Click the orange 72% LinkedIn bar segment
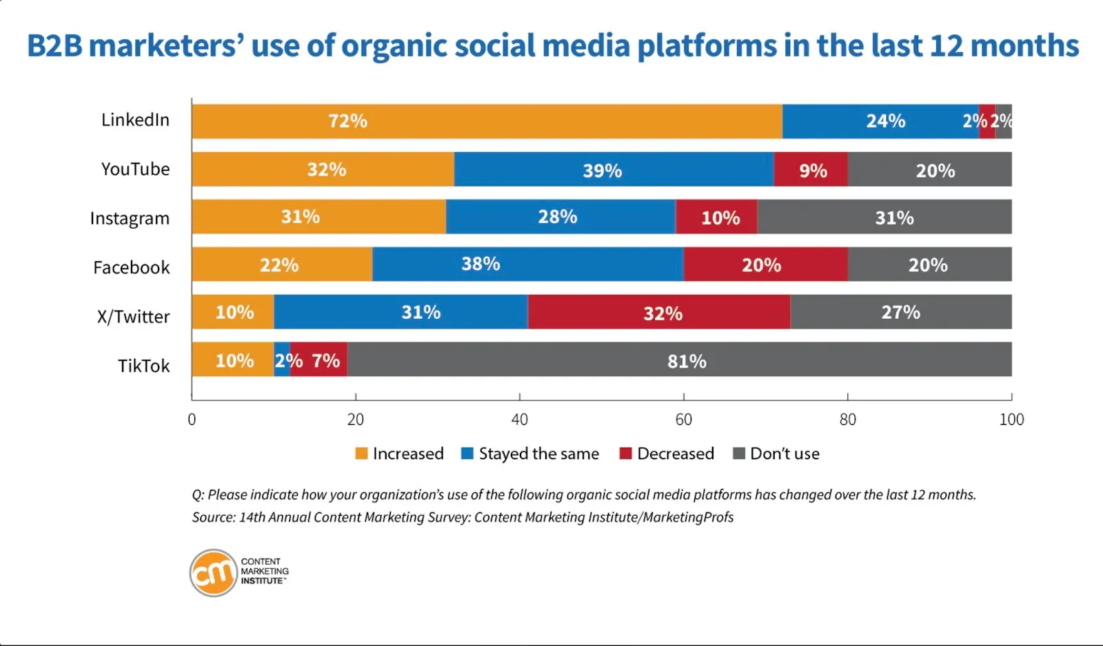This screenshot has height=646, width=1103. coord(487,121)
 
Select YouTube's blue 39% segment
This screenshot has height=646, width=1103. coord(614,169)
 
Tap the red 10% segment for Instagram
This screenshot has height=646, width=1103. coord(716,217)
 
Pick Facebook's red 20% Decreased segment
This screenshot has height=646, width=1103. coord(765,264)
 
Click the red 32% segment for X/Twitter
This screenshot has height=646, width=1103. coord(659,312)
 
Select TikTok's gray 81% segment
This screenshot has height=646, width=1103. coord(679,360)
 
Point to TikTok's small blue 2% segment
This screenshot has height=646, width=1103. coord(282,360)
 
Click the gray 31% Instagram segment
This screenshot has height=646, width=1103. coord(884,217)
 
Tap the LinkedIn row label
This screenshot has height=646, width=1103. coord(135,120)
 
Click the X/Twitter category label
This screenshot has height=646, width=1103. coord(133,317)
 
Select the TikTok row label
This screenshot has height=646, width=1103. coord(143,366)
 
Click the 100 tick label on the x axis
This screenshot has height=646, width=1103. coord(1011,419)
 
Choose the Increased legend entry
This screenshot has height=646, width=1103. coord(400,454)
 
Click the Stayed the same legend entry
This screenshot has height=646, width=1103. coord(530,454)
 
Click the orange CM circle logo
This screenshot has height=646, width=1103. coord(214,572)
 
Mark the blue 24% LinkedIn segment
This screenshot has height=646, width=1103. coord(880,121)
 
